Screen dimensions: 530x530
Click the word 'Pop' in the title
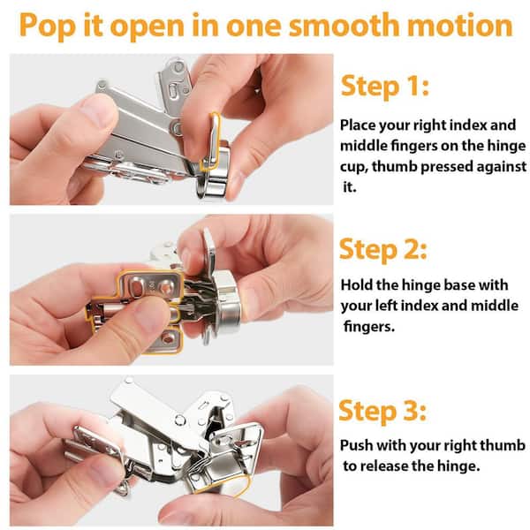(47, 26)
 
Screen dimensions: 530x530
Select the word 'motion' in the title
(460, 25)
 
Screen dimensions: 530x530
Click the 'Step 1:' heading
(385, 87)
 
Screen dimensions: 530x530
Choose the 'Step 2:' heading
(383, 250)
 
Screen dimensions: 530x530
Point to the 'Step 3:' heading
(382, 411)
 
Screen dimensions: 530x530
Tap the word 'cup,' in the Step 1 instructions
(354, 167)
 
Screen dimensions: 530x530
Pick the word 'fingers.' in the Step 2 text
(369, 327)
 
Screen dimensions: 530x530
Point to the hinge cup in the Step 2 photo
(227, 299)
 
